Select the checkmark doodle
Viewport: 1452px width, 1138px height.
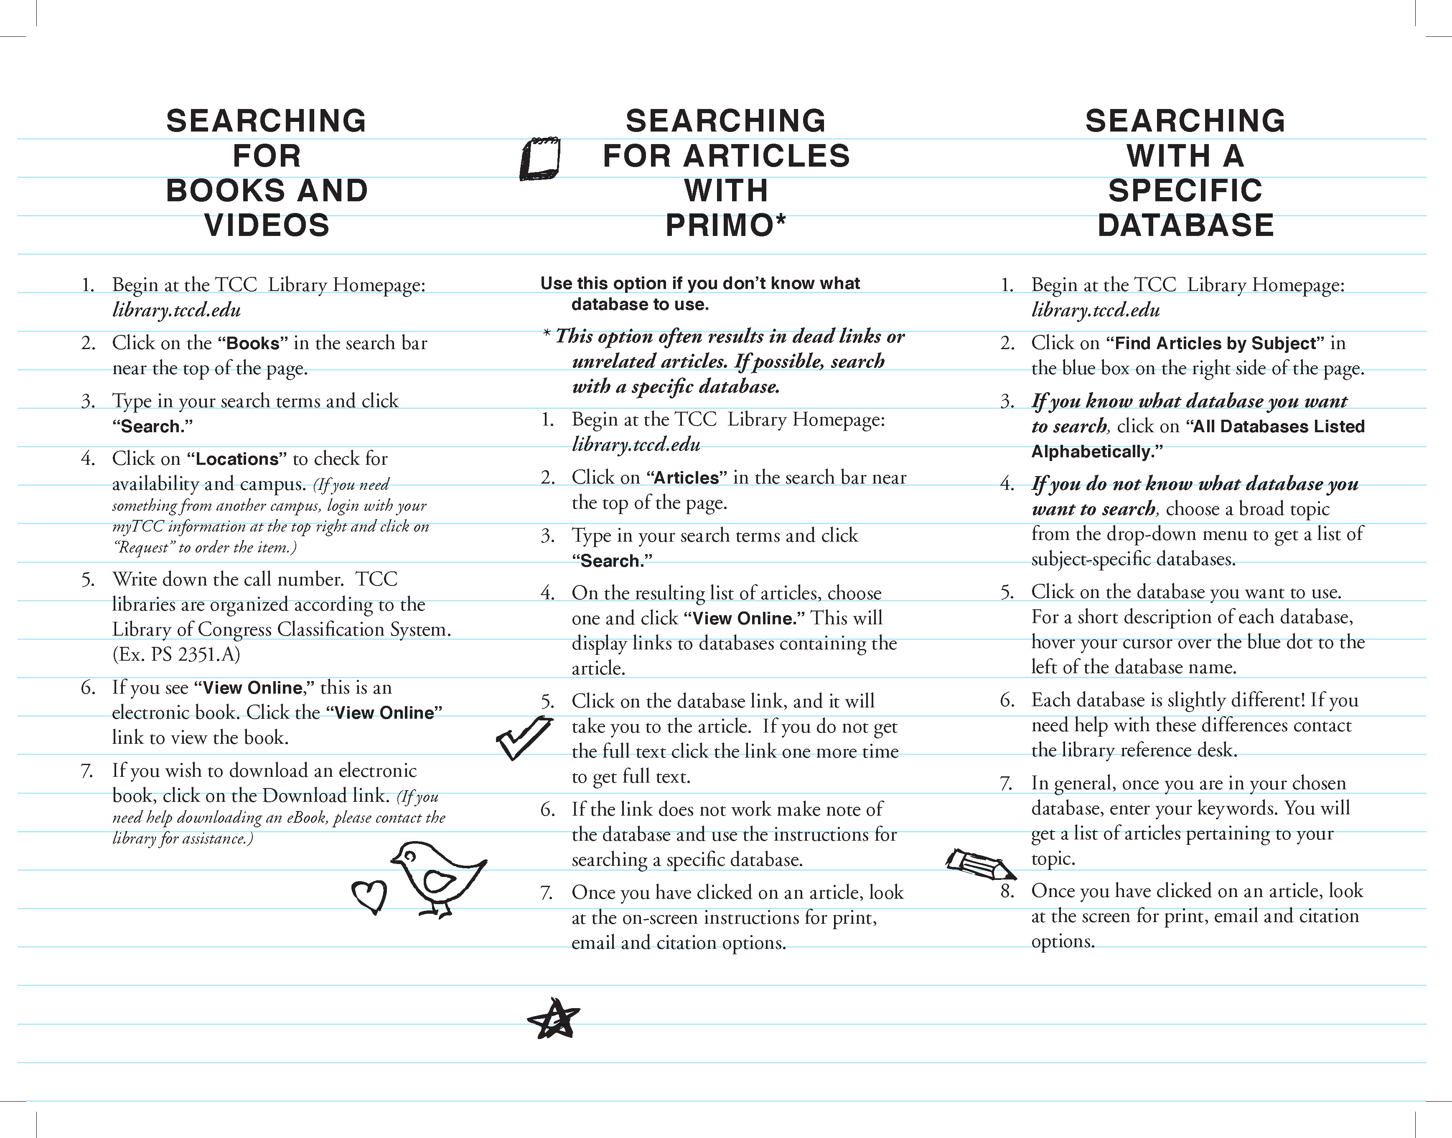click(524, 737)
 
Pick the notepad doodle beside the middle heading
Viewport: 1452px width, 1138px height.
click(539, 159)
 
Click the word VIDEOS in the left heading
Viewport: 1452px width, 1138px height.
click(267, 225)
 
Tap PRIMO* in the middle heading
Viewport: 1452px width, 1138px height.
click(726, 225)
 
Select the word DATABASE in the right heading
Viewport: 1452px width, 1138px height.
click(1185, 225)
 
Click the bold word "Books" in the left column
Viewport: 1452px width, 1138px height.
click(253, 344)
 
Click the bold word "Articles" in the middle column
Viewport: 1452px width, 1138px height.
click(687, 478)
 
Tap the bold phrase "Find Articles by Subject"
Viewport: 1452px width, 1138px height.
click(1216, 344)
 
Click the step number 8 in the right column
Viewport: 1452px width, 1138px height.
click(1007, 891)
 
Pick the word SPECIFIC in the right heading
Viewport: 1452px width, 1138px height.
click(1185, 190)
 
